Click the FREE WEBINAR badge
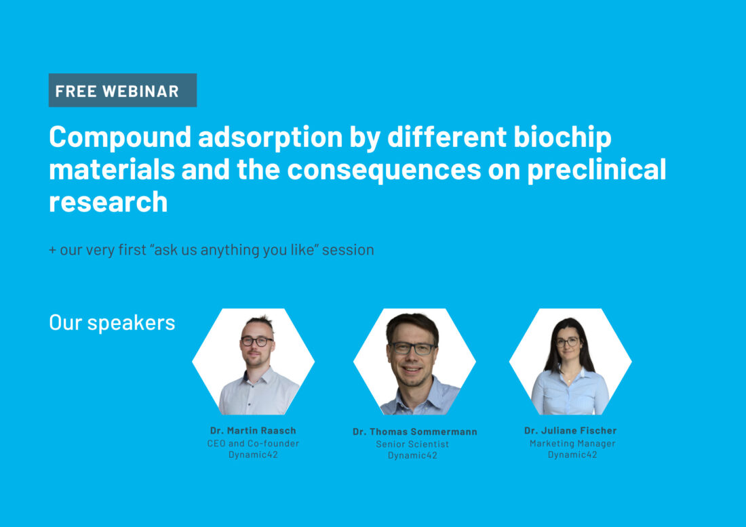tap(123, 90)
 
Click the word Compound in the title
tap(120, 138)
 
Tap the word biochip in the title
tap(562, 138)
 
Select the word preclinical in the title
tap(597, 169)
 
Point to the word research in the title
tap(109, 201)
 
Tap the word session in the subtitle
tap(348, 249)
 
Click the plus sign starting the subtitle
tap(52, 250)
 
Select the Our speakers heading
tap(113, 322)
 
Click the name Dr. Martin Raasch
tap(253, 430)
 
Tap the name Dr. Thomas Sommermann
tap(415, 431)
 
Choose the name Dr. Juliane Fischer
tap(570, 430)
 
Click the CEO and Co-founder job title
tap(253, 443)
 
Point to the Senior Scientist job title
tap(412, 444)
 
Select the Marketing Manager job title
tap(572, 443)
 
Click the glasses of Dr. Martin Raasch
tap(257, 341)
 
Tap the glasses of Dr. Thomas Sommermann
tap(412, 348)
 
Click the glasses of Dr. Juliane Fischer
tap(567, 341)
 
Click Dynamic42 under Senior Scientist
tap(412, 455)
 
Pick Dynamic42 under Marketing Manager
tap(572, 455)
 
